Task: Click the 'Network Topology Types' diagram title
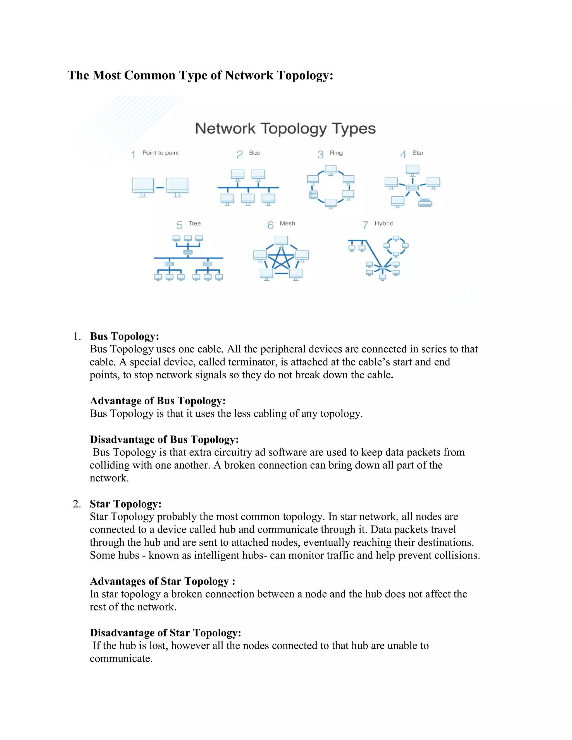285,129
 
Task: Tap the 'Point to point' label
160,153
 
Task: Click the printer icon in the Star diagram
425,202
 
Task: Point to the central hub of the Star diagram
413,187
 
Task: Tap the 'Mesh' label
287,223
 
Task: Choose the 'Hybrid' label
384,223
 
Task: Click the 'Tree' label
195,223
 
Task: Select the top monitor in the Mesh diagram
281,241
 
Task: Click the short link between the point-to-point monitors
160,187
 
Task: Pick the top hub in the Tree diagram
188,252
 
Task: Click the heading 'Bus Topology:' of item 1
124,336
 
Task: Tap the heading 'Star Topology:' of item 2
125,504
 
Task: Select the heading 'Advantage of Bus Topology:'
158,401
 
